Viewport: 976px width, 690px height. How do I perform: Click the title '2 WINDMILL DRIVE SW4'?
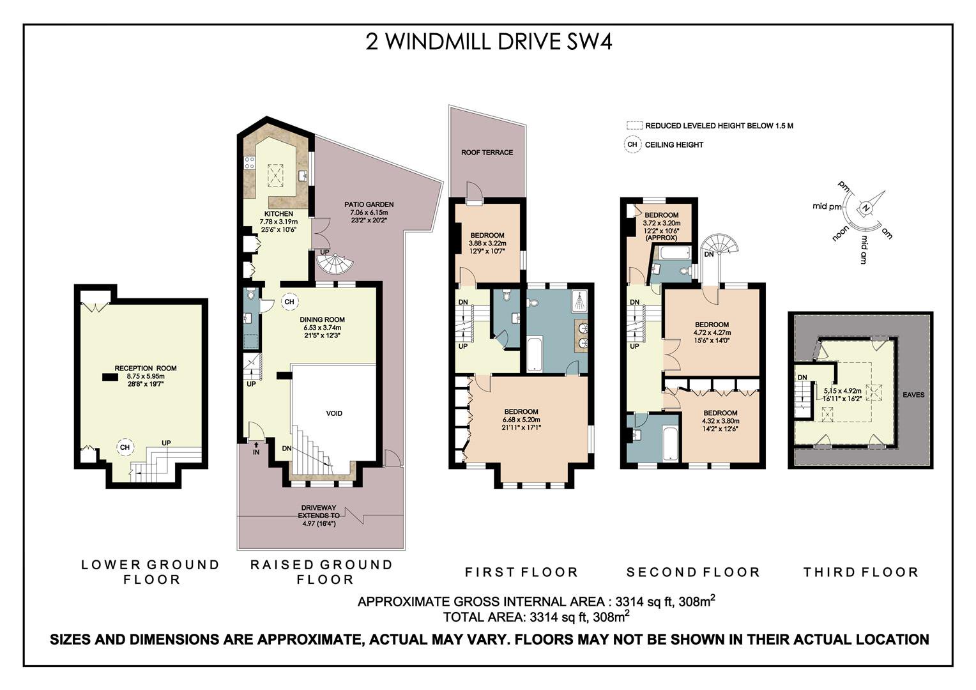489,42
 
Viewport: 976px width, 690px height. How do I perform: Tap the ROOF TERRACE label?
487,153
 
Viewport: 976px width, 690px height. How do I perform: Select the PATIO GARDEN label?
369,204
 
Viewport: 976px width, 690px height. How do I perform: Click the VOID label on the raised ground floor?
334,413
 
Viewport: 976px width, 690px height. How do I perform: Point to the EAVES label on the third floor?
913,395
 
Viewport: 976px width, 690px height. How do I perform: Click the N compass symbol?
867,208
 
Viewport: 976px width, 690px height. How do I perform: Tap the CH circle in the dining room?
289,302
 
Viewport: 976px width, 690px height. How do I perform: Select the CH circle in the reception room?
125,447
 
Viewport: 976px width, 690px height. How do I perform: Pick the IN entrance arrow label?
256,449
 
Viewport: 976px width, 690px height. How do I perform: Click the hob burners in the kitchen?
250,164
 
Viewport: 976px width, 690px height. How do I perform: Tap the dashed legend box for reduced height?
634,126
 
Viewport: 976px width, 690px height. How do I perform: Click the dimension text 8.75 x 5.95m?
146,376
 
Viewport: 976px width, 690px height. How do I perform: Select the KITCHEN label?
279,214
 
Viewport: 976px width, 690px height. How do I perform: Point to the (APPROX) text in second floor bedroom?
661,238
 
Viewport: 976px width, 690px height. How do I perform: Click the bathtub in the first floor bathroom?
534,354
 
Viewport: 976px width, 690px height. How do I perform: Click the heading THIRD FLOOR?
860,572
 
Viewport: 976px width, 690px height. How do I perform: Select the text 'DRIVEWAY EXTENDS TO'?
319,512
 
